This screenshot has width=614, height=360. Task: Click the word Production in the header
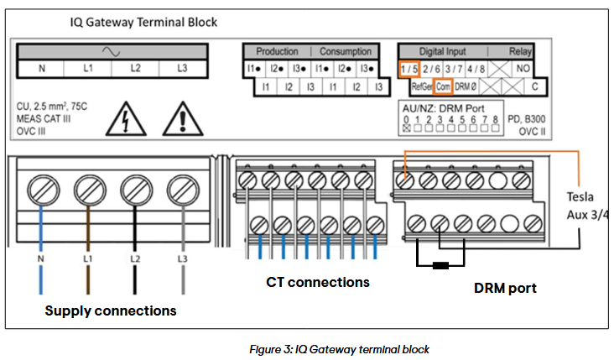277,52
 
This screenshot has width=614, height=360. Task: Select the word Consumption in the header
347,52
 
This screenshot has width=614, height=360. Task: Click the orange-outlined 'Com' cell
443,86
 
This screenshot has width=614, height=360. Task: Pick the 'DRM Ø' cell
467,86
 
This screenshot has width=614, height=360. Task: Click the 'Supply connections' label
111,310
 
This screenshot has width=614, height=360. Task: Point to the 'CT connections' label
318,283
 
